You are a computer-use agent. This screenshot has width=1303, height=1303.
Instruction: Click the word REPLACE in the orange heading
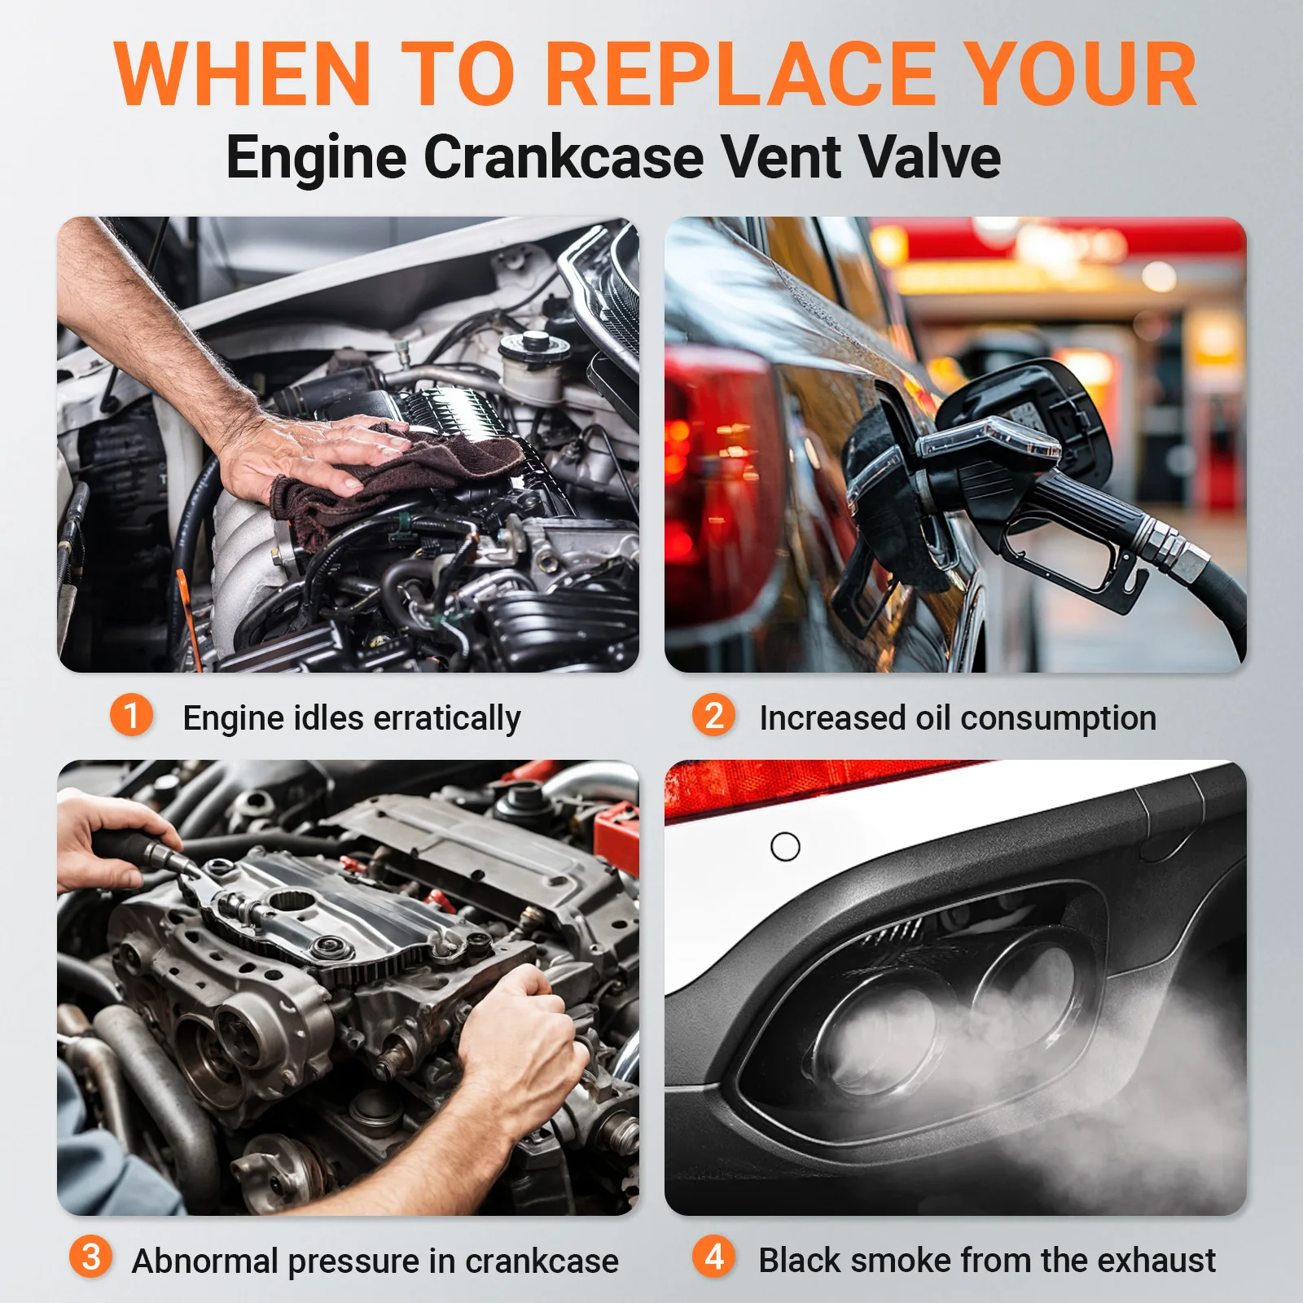point(740,73)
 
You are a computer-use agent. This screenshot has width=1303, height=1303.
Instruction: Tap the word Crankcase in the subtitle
point(564,156)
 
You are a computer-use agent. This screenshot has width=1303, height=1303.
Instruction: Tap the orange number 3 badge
point(90,1257)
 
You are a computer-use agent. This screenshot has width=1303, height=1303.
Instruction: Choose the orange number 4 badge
point(713,1257)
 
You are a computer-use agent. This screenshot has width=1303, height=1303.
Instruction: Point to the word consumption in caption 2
point(1058,718)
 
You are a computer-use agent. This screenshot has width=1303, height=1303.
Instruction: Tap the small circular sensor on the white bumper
point(785,847)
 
